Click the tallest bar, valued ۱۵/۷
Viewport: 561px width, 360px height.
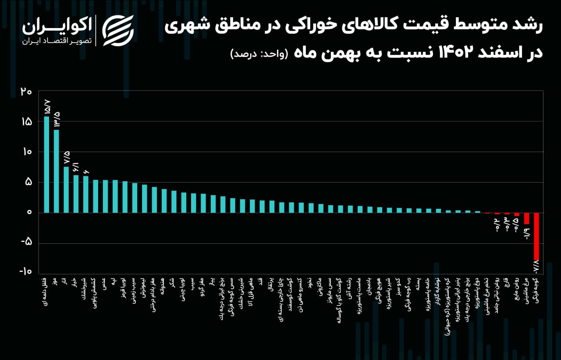(x=46, y=164)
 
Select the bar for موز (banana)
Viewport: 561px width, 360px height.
(x=56, y=171)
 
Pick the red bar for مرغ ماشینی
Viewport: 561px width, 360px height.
(x=526, y=218)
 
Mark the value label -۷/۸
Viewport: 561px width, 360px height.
(x=536, y=267)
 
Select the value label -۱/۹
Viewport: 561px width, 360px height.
(x=526, y=231)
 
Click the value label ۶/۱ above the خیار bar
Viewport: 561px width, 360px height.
(x=76, y=167)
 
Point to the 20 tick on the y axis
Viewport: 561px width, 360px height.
(x=26, y=92)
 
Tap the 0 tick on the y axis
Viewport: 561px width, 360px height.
(x=29, y=212)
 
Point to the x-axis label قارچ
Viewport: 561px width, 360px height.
(x=506, y=283)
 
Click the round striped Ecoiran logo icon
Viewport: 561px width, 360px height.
(x=117, y=30)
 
